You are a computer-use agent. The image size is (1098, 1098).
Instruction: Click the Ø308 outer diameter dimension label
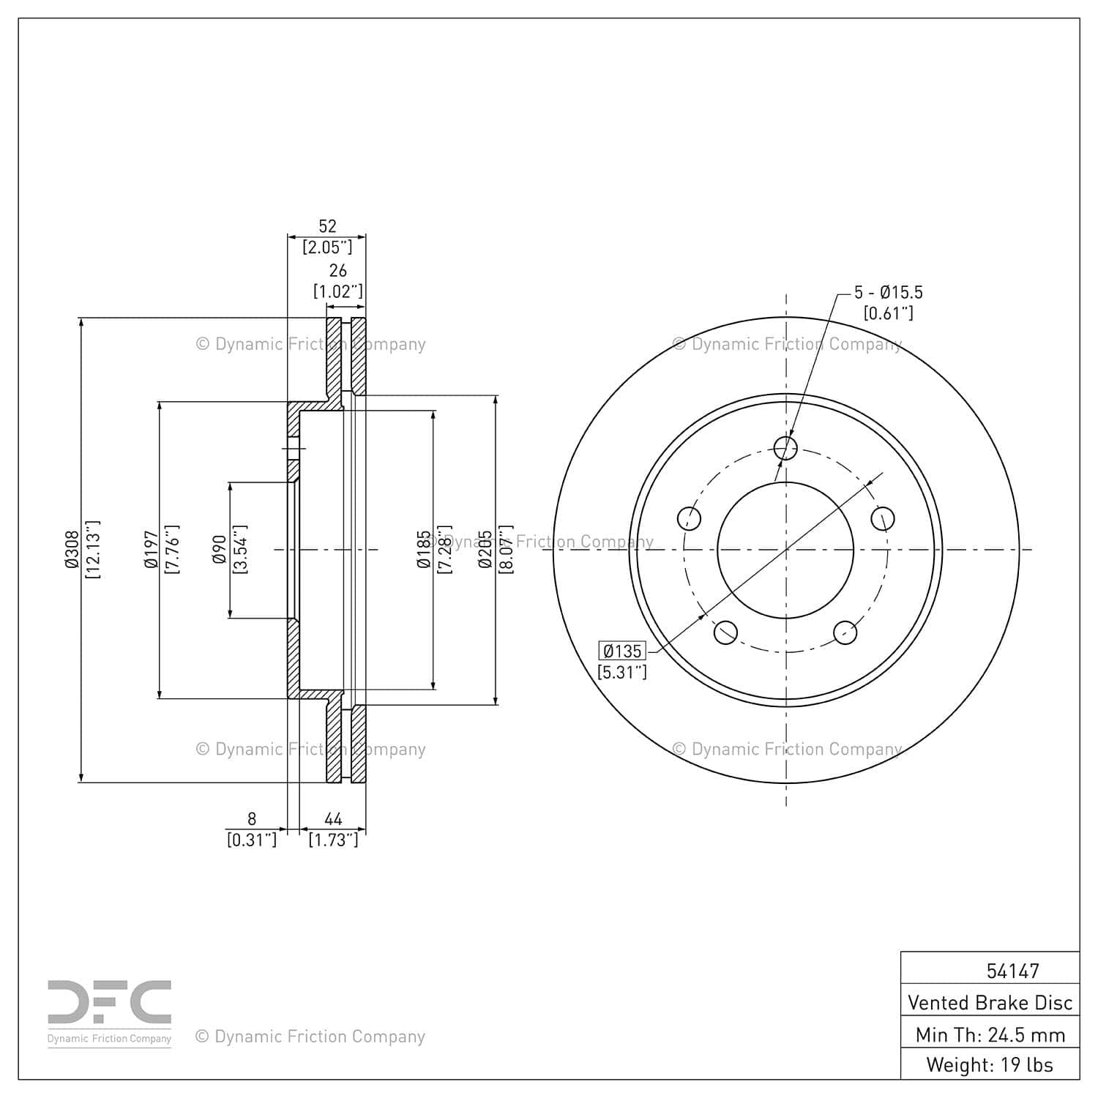72,550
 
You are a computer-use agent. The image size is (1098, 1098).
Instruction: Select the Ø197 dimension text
151,550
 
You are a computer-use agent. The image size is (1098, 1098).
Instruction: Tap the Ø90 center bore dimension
219,550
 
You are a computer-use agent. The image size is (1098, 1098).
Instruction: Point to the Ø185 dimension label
423,550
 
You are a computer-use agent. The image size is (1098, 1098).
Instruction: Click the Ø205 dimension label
485,550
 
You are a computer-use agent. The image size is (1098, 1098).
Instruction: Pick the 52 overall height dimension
327,226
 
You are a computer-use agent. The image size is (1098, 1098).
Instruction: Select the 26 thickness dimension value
337,271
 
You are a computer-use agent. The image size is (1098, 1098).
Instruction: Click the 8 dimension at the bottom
252,819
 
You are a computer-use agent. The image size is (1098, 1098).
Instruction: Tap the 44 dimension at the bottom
333,819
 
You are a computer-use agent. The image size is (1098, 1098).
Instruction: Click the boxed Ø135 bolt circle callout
622,651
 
